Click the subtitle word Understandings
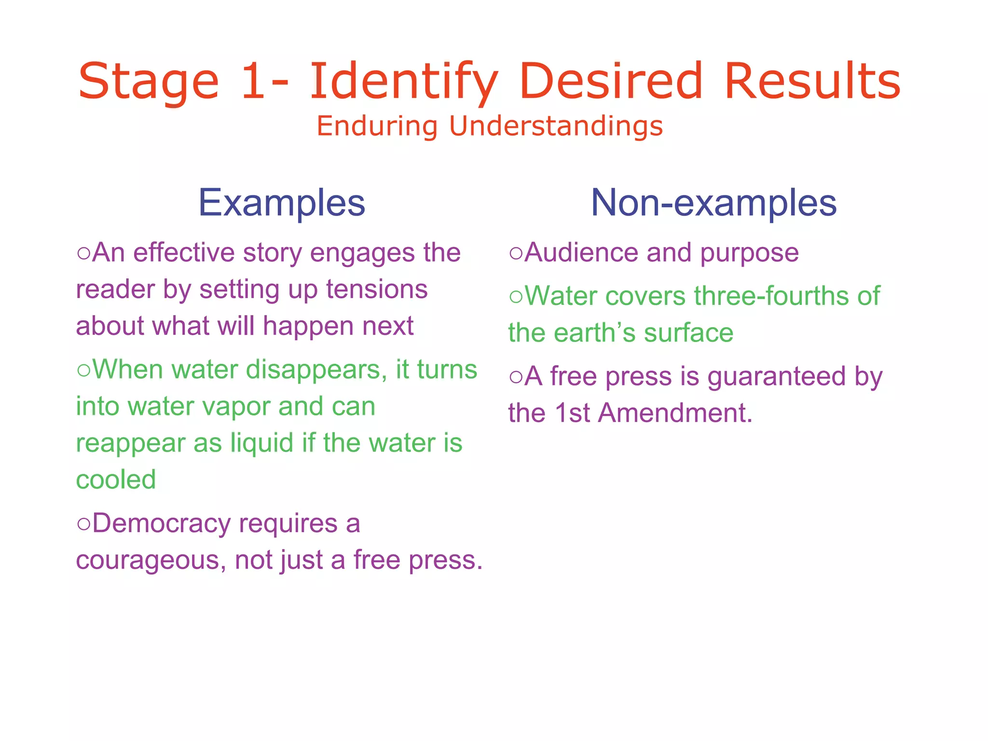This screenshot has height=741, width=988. click(x=556, y=126)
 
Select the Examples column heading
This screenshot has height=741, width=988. click(x=282, y=203)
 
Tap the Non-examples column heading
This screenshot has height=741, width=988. click(x=714, y=203)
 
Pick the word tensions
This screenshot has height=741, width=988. click(x=377, y=289)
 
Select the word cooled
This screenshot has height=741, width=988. click(x=116, y=480)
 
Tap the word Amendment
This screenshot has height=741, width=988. click(x=675, y=413)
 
